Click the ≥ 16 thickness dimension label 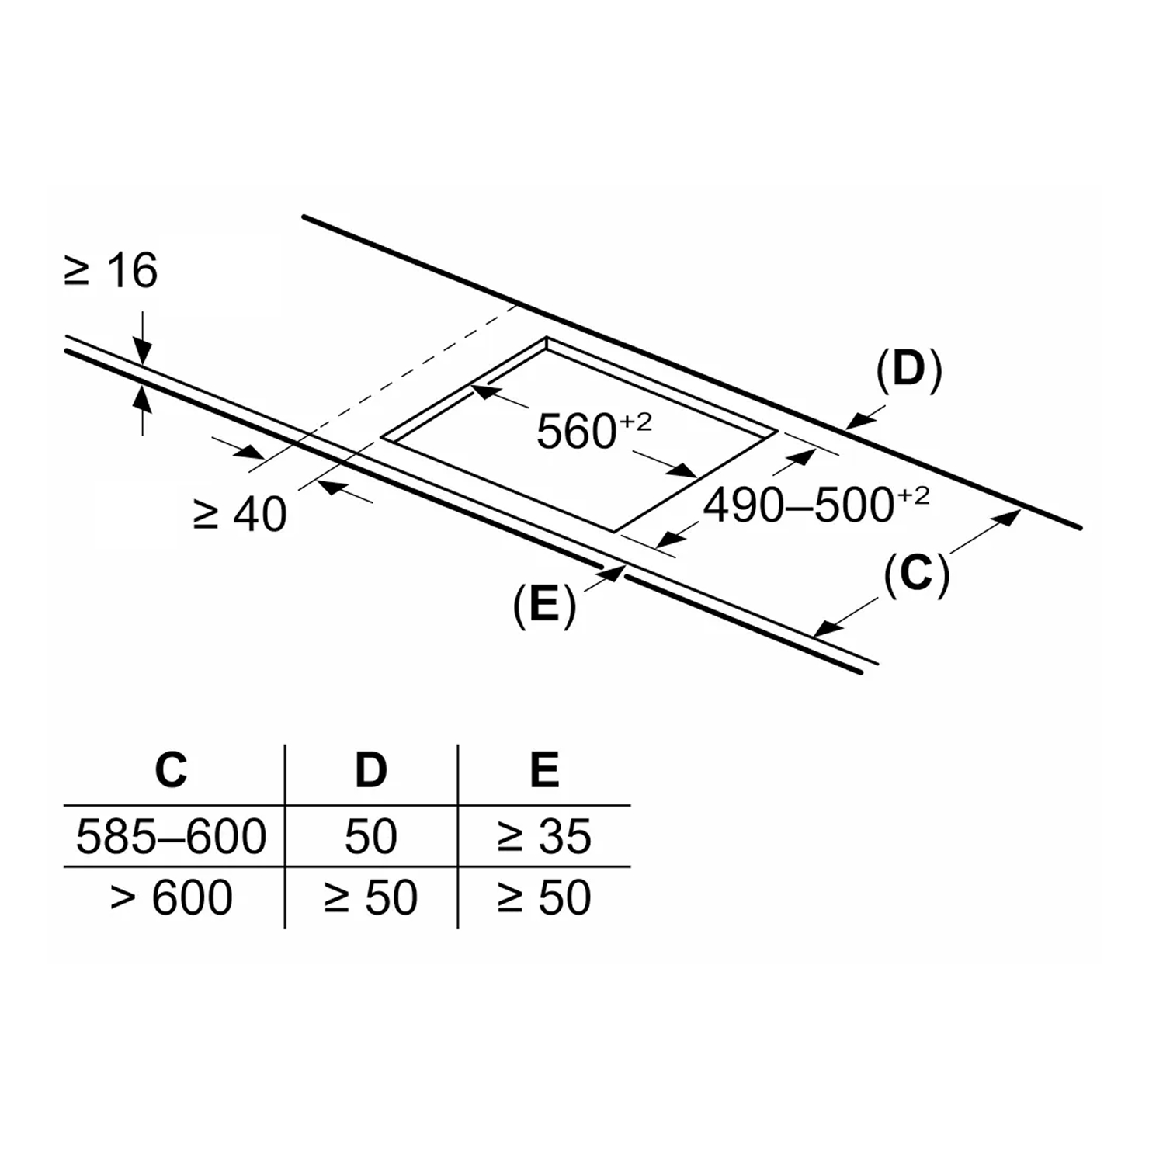point(111,271)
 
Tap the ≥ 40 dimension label point(240,514)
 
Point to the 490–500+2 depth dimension point(816,504)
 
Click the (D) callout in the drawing point(909,370)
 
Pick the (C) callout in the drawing point(916,574)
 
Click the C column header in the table point(171,770)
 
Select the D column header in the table point(370,770)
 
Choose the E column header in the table point(544,770)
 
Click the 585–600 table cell point(172,836)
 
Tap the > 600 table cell point(172,897)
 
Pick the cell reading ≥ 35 point(544,836)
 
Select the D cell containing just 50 point(370,836)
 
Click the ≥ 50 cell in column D point(370,897)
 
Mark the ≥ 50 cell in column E point(544,897)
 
